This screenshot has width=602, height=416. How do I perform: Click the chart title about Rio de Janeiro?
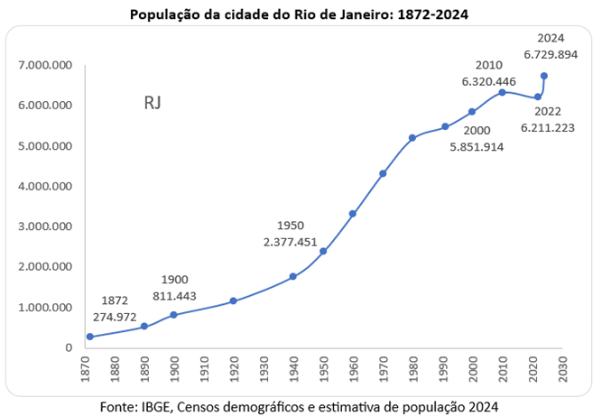pyautogui.click(x=300, y=14)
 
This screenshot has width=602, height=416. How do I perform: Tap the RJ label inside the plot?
pyautogui.click(x=153, y=103)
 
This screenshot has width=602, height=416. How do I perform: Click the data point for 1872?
pyautogui.click(x=90, y=337)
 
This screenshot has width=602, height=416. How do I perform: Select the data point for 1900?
pyautogui.click(x=173, y=315)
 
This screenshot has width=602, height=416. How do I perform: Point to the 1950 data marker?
pyautogui.click(x=322, y=251)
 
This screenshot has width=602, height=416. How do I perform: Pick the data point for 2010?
pyautogui.click(x=502, y=92)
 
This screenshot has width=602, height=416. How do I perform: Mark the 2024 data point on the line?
pyautogui.click(x=544, y=76)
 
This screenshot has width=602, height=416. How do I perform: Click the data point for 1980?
pyautogui.click(x=412, y=138)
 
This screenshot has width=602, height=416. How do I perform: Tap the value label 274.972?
pyautogui.click(x=115, y=316)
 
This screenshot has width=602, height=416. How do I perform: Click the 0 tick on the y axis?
pyautogui.click(x=69, y=347)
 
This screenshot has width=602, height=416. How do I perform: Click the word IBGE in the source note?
pyautogui.click(x=155, y=405)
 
